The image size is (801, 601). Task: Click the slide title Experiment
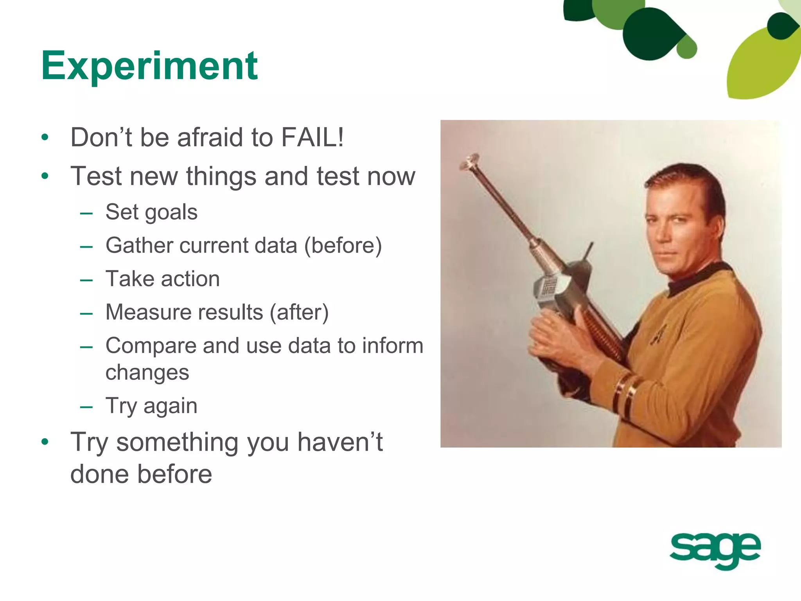pyautogui.click(x=149, y=66)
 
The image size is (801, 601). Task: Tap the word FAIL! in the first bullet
pyautogui.click(x=312, y=138)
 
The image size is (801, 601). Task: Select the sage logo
pyautogui.click(x=715, y=550)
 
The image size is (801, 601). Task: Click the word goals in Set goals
pyautogui.click(x=171, y=213)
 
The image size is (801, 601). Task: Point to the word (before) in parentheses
pyautogui.click(x=343, y=246)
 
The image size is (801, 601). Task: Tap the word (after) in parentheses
pyautogui.click(x=299, y=313)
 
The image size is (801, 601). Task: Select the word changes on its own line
pyautogui.click(x=147, y=372)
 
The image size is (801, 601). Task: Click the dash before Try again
pyautogui.click(x=86, y=407)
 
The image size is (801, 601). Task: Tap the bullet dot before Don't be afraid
pyautogui.click(x=45, y=137)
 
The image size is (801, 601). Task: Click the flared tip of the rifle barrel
pyautogui.click(x=469, y=161)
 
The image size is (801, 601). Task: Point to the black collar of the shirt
pyautogui.click(x=696, y=278)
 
